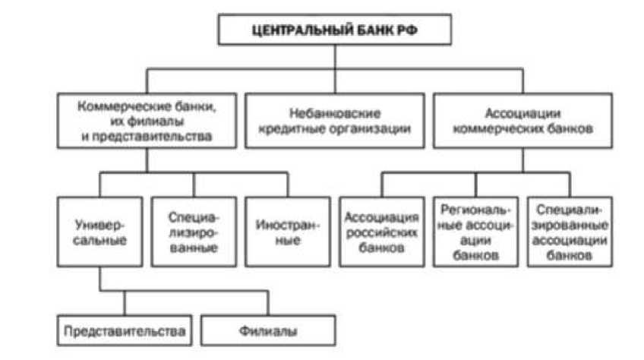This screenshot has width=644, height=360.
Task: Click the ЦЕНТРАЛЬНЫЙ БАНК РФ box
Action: coord(334,31)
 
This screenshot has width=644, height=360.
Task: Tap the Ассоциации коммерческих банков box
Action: coord(522,120)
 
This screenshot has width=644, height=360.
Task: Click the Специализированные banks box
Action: coord(194,231)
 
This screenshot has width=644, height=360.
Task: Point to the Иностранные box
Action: coord(288,231)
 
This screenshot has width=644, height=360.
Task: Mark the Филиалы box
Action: coord(270,332)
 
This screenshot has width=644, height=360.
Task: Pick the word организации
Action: coord(371,128)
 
